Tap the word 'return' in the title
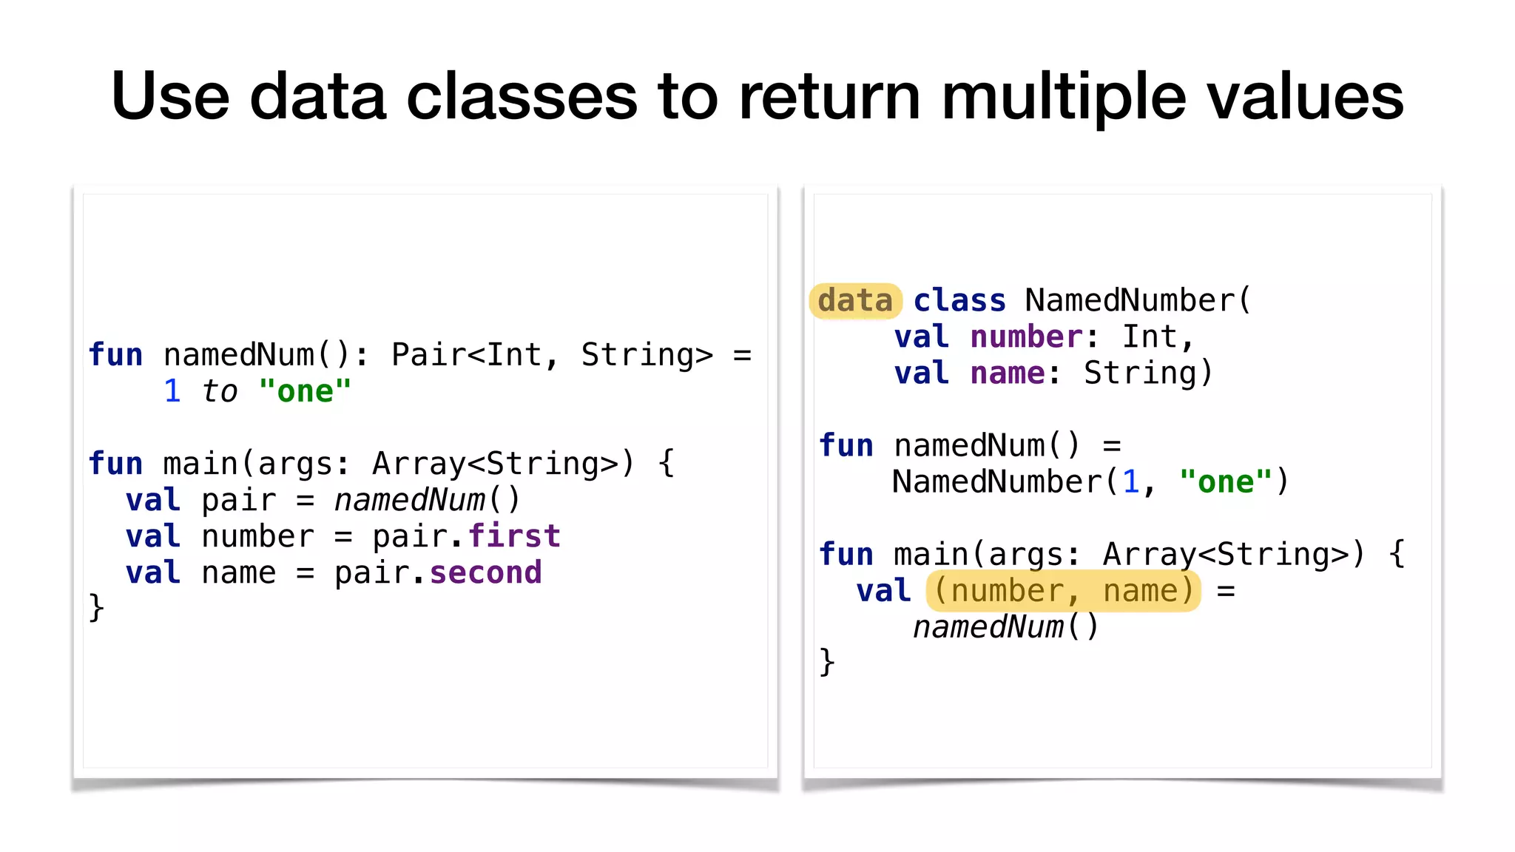(829, 96)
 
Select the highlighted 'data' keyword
(855, 301)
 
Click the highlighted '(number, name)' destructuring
(1063, 591)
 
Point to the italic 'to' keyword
(220, 391)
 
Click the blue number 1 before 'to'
(172, 391)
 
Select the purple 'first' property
(514, 536)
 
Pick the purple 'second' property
(485, 572)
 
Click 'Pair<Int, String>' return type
(552, 355)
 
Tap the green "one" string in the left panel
(305, 391)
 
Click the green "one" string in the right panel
(1225, 482)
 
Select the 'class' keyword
(959, 301)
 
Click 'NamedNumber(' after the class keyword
(1137, 301)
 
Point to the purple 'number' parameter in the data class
(1026, 337)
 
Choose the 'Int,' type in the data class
(1158, 337)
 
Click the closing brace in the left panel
(97, 608)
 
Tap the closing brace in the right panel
(827, 662)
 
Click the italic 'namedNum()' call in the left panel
(428, 500)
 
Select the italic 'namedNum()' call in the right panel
(1006, 627)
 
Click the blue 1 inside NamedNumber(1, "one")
(1130, 482)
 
